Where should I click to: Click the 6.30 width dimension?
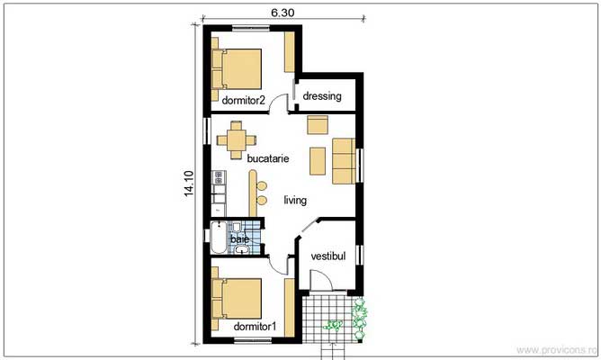(283, 13)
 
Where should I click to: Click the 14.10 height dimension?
(189, 184)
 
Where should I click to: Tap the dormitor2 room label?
(244, 101)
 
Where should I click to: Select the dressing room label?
(322, 95)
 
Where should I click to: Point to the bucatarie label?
(268, 158)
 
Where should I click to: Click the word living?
(295, 200)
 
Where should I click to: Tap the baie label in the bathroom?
(240, 239)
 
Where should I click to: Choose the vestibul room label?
(328, 256)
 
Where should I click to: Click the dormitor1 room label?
(255, 327)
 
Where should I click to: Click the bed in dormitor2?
(237, 69)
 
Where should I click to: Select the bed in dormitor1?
(237, 299)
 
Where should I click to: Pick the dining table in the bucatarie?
(236, 139)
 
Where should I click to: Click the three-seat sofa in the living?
(344, 161)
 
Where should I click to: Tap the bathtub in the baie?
(219, 238)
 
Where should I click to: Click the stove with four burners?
(219, 177)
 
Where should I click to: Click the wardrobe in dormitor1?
(290, 308)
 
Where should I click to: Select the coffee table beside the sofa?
(318, 161)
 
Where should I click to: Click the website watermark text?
(557, 349)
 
